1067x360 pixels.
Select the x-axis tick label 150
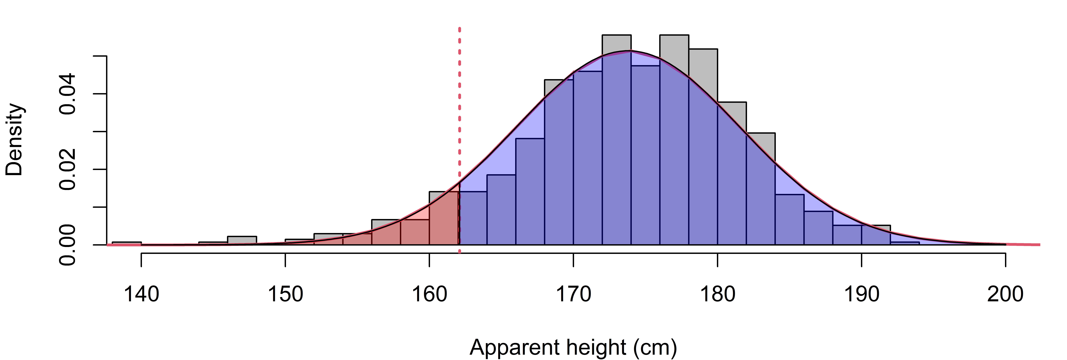pyautogui.click(x=285, y=294)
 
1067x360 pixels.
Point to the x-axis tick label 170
pyautogui.click(x=573, y=294)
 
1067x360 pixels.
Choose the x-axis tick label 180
pyautogui.click(x=717, y=294)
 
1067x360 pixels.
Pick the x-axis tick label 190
pyautogui.click(x=862, y=294)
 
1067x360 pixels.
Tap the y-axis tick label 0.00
pyautogui.click(x=67, y=245)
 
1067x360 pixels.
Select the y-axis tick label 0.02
pyautogui.click(x=67, y=169)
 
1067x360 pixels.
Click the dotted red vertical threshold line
pyautogui.click(x=459, y=140)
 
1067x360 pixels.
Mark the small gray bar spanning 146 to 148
pyautogui.click(x=242, y=240)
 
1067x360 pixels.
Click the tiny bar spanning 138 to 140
pyautogui.click(x=127, y=243)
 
